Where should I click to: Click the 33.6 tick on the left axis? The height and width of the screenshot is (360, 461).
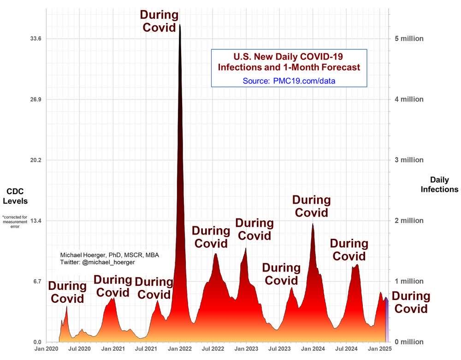36,39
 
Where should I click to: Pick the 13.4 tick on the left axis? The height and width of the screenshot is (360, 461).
36,221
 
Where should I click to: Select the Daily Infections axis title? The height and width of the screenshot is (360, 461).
439,184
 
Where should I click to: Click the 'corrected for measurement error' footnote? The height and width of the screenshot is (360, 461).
15,222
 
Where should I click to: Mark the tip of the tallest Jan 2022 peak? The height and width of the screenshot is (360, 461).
179,25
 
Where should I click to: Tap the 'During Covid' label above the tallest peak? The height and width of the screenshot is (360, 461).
159,21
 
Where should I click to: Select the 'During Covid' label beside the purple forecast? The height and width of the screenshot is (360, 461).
410,302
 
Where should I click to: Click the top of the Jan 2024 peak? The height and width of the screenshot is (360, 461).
313,224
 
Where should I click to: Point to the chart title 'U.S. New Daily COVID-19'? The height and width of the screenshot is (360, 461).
289,57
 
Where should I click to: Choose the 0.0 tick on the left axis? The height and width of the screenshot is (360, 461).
37,342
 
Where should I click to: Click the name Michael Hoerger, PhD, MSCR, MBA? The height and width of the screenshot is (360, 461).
110,255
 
